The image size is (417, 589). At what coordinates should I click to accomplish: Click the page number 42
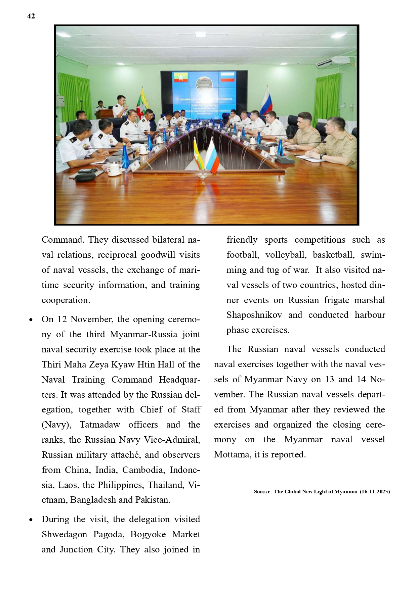tap(31, 16)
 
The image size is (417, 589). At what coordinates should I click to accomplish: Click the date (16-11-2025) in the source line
tap(375, 492)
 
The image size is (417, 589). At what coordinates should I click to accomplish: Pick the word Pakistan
tap(153, 500)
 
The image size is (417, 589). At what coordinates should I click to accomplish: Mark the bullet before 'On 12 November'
tap(31, 320)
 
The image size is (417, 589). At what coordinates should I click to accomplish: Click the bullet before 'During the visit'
tap(31, 520)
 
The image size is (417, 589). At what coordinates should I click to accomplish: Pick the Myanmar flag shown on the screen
tap(181, 78)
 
